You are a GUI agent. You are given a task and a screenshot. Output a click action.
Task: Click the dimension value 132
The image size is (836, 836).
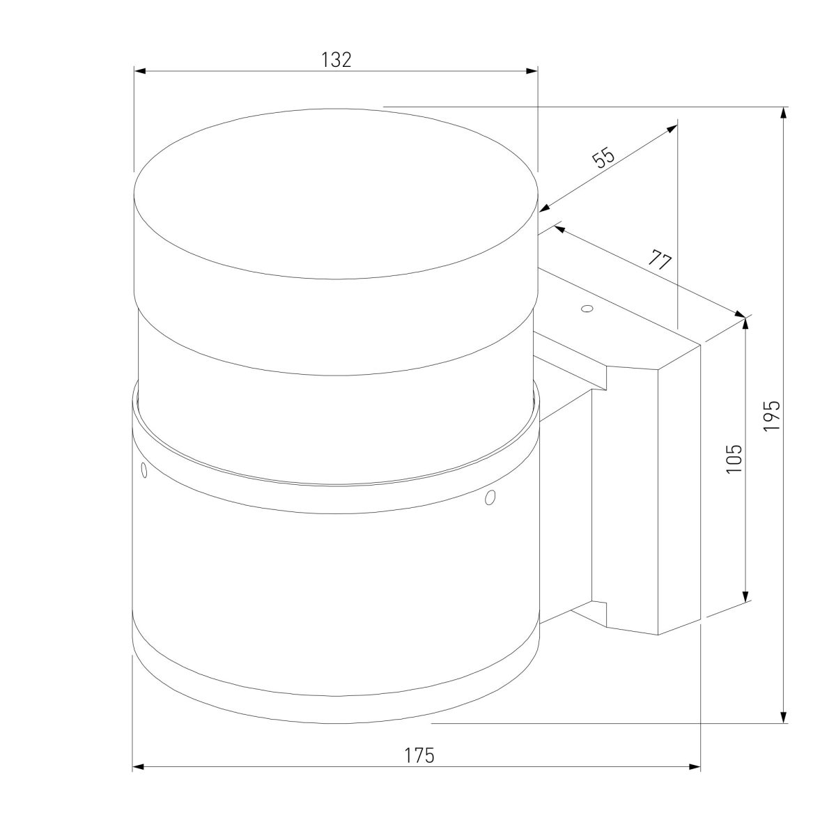coord(336,60)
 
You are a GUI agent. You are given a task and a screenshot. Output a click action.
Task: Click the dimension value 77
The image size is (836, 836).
coord(660,260)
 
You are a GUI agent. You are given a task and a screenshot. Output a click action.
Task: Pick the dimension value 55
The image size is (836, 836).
coord(604,158)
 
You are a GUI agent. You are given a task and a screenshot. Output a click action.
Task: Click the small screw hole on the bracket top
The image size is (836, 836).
coord(587,309)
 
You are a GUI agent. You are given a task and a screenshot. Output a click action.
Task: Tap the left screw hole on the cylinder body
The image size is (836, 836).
coord(144,470)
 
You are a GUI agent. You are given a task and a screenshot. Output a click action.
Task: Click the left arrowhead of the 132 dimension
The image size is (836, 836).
coord(140,71)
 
